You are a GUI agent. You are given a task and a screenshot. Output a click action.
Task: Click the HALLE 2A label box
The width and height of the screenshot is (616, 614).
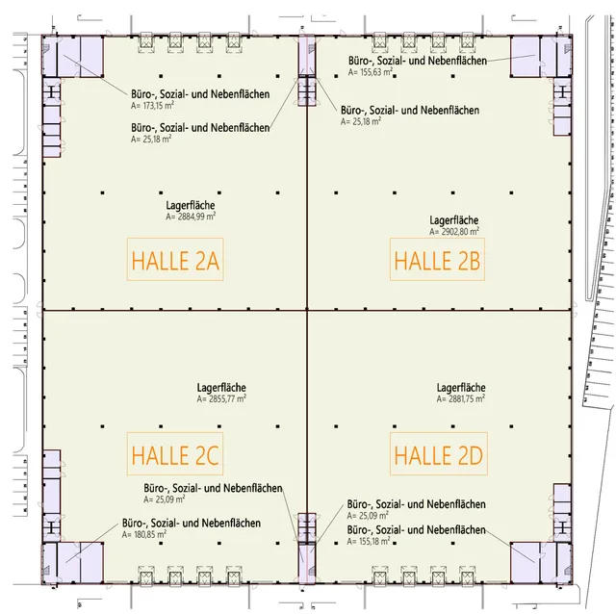tap(175, 259)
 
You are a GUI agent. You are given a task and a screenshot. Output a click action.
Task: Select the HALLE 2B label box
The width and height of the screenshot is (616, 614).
tap(437, 259)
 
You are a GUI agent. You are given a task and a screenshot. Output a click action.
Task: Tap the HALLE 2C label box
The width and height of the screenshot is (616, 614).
tap(175, 453)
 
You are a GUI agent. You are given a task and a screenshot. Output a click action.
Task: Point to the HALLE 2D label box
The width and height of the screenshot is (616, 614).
tap(439, 453)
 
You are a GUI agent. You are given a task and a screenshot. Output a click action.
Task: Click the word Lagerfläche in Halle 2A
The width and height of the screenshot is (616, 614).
tap(191, 205)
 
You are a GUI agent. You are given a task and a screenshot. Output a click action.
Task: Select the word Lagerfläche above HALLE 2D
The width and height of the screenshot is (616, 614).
tap(461, 388)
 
